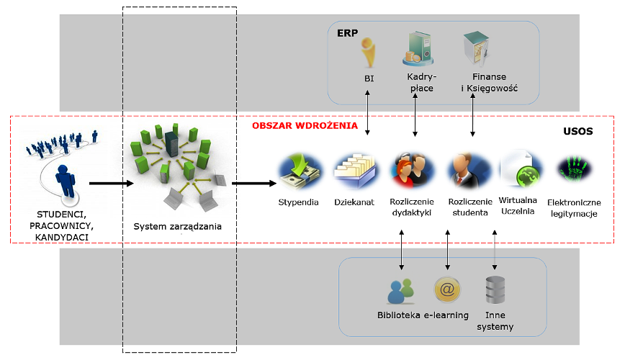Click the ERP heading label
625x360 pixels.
point(347,33)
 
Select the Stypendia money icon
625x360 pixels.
point(298,171)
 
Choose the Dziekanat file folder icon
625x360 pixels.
point(354,171)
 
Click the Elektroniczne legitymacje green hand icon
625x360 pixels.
point(575,171)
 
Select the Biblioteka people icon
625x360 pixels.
point(400,291)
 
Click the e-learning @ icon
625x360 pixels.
point(446,289)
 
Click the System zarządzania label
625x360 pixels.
point(177,228)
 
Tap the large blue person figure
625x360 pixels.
point(66,181)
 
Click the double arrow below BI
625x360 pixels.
point(369,114)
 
